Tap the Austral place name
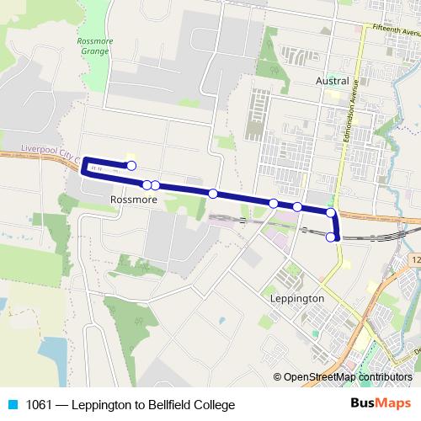click(333, 82)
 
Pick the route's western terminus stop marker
click(131, 166)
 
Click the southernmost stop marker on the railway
click(331, 237)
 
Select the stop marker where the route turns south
click(331, 213)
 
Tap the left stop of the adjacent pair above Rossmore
click(147, 184)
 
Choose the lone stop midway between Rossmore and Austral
click(213, 194)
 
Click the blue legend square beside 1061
click(12, 405)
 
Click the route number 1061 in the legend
click(38, 405)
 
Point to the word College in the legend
click(212, 405)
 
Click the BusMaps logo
click(386, 404)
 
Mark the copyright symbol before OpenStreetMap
click(278, 377)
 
